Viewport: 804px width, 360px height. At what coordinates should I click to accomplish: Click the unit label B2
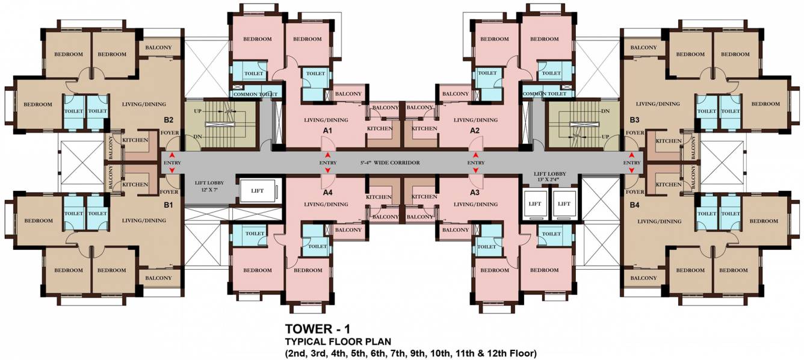(x=169, y=120)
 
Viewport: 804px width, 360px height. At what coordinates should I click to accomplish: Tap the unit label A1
(x=327, y=131)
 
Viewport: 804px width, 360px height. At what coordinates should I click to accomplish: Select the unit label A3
(x=474, y=193)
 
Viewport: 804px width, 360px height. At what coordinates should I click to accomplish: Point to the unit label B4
(x=634, y=206)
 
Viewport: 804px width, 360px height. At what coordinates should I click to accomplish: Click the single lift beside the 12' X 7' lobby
(x=258, y=191)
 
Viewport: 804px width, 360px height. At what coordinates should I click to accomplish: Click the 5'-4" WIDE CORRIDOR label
(x=390, y=163)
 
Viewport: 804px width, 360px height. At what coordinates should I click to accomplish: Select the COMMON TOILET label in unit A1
(x=255, y=94)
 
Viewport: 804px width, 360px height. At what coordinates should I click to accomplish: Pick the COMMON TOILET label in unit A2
(x=545, y=94)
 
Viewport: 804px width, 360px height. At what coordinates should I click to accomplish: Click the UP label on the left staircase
(x=198, y=111)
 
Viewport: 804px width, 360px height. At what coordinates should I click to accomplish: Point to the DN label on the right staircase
(x=605, y=111)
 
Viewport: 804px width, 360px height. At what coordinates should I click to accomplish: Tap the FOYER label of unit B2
(x=170, y=132)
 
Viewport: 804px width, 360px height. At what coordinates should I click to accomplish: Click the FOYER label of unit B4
(x=635, y=191)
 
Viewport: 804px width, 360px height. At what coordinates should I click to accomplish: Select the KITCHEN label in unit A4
(x=379, y=197)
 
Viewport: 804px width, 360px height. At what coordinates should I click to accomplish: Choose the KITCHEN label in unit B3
(x=669, y=141)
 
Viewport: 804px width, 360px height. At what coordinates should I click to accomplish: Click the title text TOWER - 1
(x=317, y=329)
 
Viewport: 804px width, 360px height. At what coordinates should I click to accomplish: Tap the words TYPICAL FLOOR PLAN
(x=338, y=341)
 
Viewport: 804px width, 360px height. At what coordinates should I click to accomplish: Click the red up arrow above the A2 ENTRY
(x=476, y=155)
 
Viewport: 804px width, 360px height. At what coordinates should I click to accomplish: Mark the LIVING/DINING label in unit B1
(x=144, y=220)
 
